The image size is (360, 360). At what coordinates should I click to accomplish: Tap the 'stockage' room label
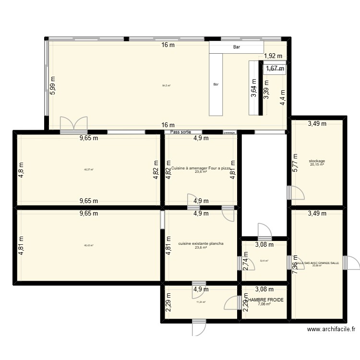tap(317, 161)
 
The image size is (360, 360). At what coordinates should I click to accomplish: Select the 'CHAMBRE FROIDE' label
tap(264, 300)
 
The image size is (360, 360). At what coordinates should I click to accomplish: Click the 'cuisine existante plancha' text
tap(201, 243)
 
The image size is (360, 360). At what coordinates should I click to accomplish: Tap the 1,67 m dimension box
tap(275, 69)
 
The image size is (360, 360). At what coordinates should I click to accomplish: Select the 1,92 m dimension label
tap(273, 56)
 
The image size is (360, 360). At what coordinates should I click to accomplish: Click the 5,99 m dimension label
tap(53, 86)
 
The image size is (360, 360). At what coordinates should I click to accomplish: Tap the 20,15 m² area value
tap(317, 165)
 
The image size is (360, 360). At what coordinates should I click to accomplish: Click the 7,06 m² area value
tap(264, 304)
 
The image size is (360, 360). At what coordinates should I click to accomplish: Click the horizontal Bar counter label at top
tap(236, 47)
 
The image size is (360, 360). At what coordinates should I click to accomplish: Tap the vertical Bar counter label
tap(216, 84)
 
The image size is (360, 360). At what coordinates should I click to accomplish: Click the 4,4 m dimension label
tap(283, 97)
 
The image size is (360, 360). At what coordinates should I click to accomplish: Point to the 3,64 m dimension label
tap(253, 88)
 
